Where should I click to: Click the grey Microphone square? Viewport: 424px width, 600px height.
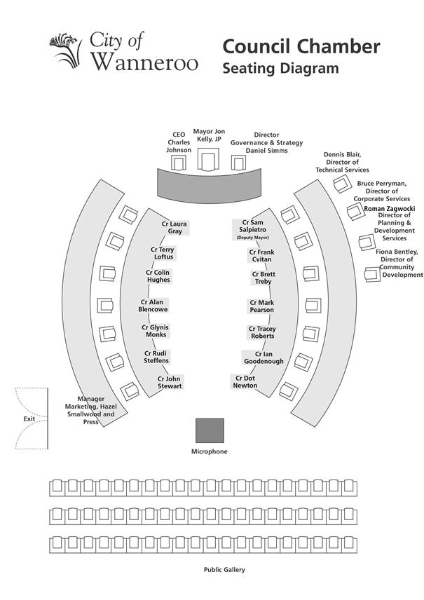[x=210, y=430]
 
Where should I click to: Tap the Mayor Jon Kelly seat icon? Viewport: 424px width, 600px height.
[x=208, y=160]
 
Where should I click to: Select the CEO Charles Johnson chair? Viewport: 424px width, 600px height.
[x=179, y=163]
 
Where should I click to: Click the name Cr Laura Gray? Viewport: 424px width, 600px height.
[x=174, y=228]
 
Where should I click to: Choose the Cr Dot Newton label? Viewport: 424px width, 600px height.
[x=245, y=382]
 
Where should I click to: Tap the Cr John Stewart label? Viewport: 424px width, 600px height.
[x=169, y=383]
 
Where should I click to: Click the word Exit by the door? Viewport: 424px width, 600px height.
[x=29, y=418]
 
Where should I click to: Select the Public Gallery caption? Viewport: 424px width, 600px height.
[x=224, y=570]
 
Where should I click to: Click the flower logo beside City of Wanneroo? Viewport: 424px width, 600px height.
[x=66, y=50]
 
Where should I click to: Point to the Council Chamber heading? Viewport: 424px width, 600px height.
[x=301, y=46]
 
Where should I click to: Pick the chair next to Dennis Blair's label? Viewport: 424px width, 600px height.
[x=342, y=184]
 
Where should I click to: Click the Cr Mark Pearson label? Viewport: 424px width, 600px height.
[x=261, y=306]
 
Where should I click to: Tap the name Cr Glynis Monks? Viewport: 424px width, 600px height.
[x=155, y=331]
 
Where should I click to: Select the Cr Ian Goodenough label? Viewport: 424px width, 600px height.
[x=264, y=357]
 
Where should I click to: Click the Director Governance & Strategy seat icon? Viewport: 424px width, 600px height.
[x=238, y=163]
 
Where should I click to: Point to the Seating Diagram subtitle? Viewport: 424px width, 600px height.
[x=280, y=69]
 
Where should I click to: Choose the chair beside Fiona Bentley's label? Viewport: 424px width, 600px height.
[x=372, y=274]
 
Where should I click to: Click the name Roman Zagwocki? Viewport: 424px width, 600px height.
[x=390, y=209]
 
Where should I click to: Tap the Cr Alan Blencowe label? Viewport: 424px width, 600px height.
[x=153, y=306]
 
